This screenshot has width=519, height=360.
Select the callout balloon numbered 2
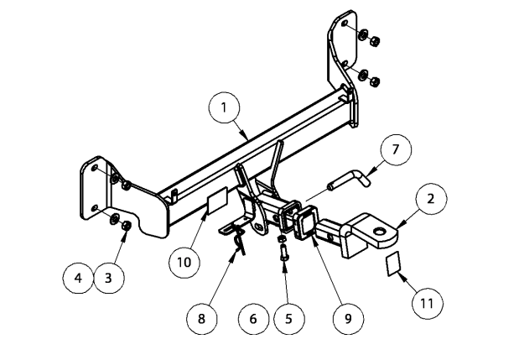429,199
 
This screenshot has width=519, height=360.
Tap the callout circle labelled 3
108,278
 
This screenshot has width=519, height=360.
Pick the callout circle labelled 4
78,278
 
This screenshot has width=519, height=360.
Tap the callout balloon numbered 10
184,261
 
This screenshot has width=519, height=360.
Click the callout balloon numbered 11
427,300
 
